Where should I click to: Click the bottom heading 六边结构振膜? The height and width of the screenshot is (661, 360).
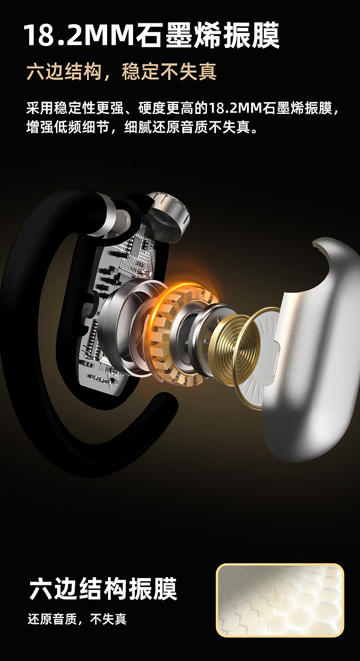(x=103, y=588)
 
